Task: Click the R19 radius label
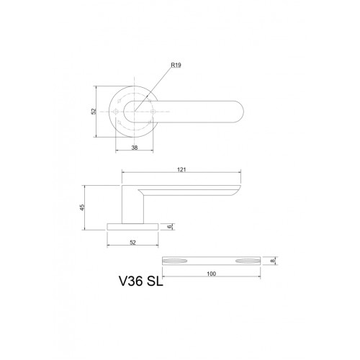coord(176,65)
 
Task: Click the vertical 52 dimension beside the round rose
coord(93,111)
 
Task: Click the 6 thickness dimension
coord(170,226)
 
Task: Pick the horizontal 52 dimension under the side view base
coord(134,242)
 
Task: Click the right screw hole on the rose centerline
coord(152,111)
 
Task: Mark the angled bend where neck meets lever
coord(141,189)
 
